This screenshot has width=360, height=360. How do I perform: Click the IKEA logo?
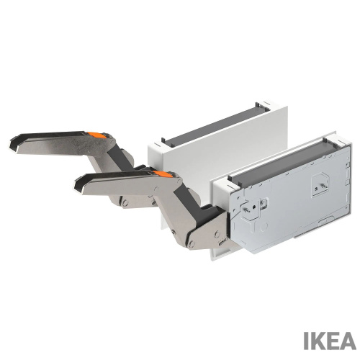(330, 341)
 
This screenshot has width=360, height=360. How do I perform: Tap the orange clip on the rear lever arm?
(96, 135)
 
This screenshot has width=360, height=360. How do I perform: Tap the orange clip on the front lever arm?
(163, 174)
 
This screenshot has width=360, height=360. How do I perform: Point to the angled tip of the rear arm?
(14, 145)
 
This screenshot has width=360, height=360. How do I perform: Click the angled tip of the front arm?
(79, 185)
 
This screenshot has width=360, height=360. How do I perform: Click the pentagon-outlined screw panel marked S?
(319, 184)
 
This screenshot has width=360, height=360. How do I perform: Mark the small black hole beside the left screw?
(254, 207)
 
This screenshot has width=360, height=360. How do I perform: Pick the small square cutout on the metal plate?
(264, 204)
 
